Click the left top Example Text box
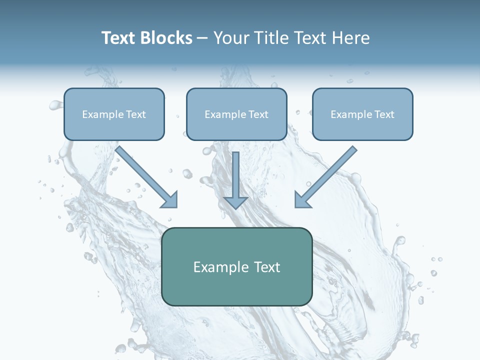point(114,114)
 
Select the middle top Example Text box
point(236,114)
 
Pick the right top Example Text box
point(362,114)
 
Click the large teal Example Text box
point(236,266)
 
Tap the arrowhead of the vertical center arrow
point(235,202)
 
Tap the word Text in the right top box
point(384,114)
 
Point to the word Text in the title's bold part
point(118,38)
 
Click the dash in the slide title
point(202,38)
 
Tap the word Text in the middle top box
point(258,114)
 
